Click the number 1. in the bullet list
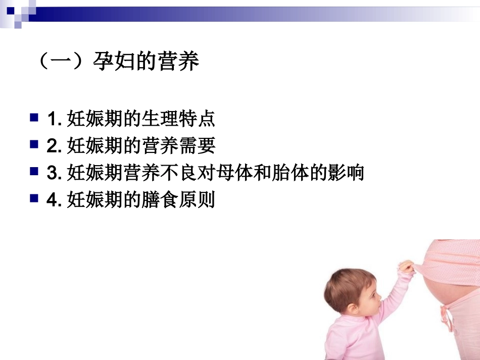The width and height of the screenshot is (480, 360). pyautogui.click(x=54, y=120)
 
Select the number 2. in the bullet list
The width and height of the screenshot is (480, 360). pyautogui.click(x=54, y=146)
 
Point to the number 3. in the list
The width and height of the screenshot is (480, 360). pyautogui.click(x=54, y=173)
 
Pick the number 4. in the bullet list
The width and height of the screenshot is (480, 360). pyautogui.click(x=54, y=200)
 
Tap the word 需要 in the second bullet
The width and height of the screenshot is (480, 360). pyautogui.click(x=197, y=146)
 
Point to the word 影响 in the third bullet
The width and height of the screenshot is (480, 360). pyautogui.click(x=346, y=173)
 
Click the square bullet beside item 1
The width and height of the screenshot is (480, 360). pyautogui.click(x=34, y=118)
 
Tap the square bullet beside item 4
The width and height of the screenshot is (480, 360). pyautogui.click(x=34, y=198)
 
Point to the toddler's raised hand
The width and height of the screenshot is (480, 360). pyautogui.click(x=407, y=266)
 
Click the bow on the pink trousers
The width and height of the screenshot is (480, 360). pyautogui.click(x=447, y=316)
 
